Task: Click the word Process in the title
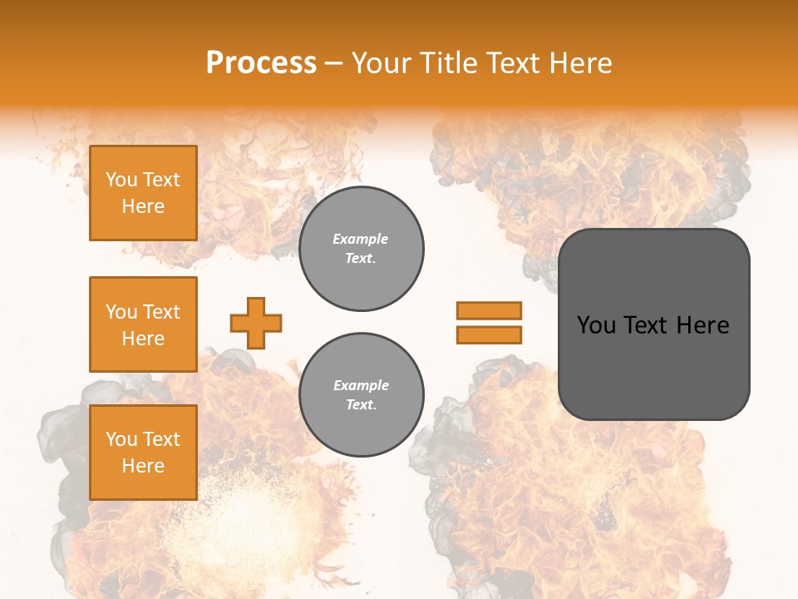click(x=261, y=63)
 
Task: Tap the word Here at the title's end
click(x=579, y=63)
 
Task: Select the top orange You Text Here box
click(x=143, y=193)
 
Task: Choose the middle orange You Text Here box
click(x=143, y=324)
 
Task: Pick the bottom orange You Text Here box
click(x=143, y=453)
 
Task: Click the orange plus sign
click(x=256, y=323)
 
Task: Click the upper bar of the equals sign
click(x=489, y=310)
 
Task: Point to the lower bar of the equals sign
click(x=489, y=334)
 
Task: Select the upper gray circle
click(x=361, y=249)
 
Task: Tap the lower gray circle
click(x=361, y=395)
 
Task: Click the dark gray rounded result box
click(x=653, y=324)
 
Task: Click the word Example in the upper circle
click(x=361, y=239)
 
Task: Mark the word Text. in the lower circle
click(x=361, y=405)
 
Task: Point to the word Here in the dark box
click(x=703, y=325)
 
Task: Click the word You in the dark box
click(x=596, y=325)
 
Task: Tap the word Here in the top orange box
click(x=143, y=206)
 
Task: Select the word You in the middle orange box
click(x=121, y=312)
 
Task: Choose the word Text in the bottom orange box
click(x=160, y=439)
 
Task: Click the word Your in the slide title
click(x=380, y=63)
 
